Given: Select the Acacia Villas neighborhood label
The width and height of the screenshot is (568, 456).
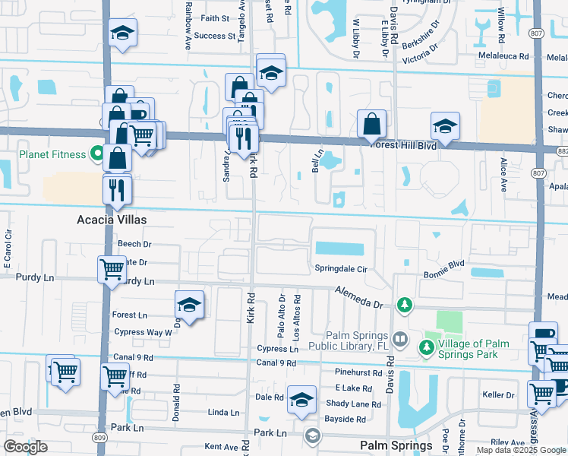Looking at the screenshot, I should (111, 219).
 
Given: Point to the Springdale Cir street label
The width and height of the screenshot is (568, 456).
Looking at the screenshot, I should (341, 269).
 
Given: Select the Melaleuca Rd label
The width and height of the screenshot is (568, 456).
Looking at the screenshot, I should (507, 56).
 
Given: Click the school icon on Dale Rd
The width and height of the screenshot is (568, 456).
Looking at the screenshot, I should (301, 400).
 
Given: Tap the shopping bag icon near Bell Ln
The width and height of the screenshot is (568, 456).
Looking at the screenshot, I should (371, 123).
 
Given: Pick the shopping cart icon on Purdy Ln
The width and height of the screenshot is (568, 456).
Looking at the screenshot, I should (112, 268).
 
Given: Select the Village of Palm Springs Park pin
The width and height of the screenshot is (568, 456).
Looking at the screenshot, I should (427, 349).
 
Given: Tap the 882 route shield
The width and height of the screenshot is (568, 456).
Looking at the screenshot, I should (562, 151).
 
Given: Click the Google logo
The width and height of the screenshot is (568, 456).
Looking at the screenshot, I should (25, 447).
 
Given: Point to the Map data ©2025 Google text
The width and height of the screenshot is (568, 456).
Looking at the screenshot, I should (520, 450).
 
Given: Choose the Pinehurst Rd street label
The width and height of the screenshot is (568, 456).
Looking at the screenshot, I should (361, 372).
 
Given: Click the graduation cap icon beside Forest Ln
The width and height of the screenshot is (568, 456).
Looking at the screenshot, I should (189, 306).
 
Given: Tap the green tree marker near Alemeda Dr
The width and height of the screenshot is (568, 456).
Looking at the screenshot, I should (405, 306).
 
